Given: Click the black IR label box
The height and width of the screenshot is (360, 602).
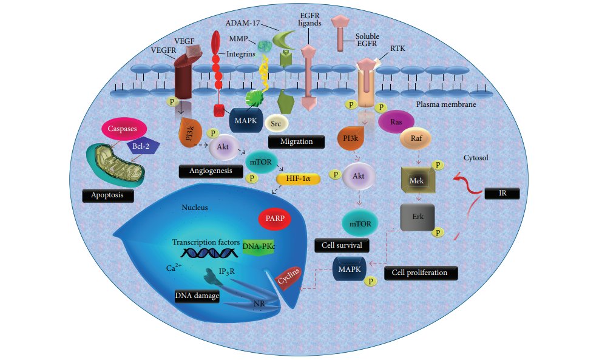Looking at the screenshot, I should point(502,194).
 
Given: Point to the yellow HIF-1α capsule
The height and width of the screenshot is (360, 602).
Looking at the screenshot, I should point(298,179).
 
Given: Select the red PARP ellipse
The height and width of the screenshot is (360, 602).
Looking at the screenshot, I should point(277,217).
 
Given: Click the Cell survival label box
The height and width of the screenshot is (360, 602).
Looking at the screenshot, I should point(342,245).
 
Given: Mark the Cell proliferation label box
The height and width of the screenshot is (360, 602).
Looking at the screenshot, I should point(420,273).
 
